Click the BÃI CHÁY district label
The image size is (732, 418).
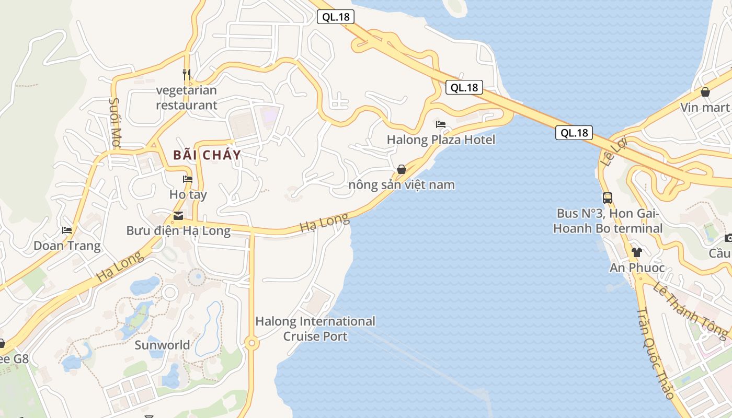click(207, 155)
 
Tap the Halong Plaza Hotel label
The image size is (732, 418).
click(441, 140)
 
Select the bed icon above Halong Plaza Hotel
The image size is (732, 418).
click(441, 124)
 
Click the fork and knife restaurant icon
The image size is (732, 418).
click(187, 74)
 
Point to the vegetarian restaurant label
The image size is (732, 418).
click(187, 98)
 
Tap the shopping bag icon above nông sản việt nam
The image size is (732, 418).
click(402, 169)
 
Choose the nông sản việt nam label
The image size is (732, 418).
click(402, 185)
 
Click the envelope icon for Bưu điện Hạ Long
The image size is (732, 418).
click(178, 215)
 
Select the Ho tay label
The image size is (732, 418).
click(188, 195)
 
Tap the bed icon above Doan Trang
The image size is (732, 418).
click(67, 230)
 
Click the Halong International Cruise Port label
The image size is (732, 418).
click(315, 329)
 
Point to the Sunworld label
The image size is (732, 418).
click(162, 345)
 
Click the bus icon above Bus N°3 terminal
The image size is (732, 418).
click(608, 198)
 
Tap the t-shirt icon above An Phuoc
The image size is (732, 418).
click(636, 252)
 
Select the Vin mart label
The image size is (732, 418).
click(705, 108)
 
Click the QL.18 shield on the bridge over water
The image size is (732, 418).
click(574, 133)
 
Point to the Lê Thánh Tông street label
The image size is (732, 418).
click(690, 310)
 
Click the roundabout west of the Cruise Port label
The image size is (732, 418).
click(251, 343)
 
